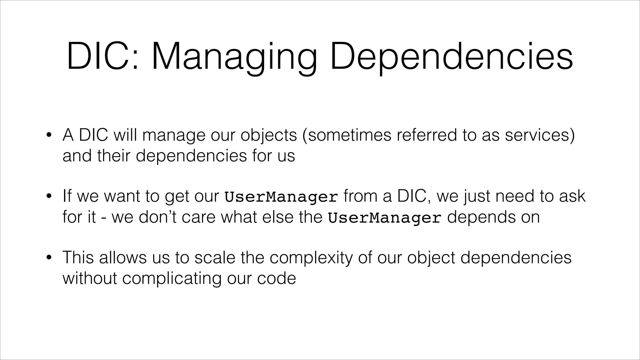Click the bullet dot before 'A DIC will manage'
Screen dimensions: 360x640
tap(49, 136)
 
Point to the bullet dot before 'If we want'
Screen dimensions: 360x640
tap(49, 197)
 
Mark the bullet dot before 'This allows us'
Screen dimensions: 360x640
tap(49, 258)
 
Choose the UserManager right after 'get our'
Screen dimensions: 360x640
tap(281, 197)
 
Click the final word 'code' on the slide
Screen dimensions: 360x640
tap(276, 278)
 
